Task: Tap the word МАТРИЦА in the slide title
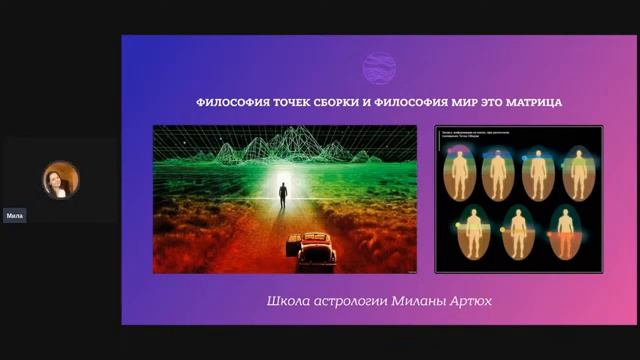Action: pos(533,103)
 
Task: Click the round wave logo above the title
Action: pos(378,69)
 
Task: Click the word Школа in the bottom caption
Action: pos(287,301)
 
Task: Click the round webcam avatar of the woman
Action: pos(60,180)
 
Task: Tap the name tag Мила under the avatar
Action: pos(15,215)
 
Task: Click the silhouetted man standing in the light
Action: pos(283,194)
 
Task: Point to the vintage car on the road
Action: pos(312,250)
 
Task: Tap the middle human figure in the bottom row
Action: pos(518,234)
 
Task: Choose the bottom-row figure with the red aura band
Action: pos(565,234)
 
